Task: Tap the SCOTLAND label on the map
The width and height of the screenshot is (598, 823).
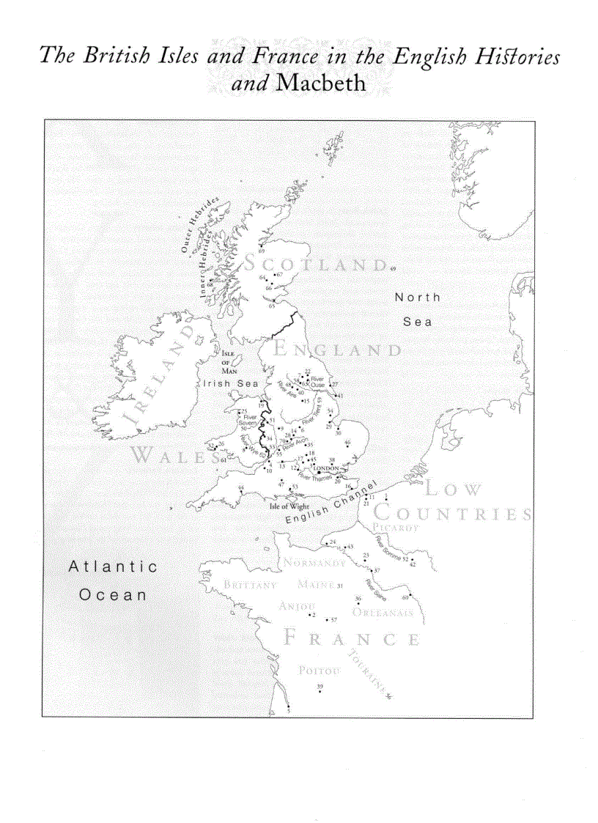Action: click(x=316, y=264)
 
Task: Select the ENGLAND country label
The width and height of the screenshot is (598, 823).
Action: click(x=338, y=350)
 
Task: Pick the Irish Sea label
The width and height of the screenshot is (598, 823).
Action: click(x=226, y=383)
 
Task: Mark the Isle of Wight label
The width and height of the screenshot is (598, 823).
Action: click(x=289, y=506)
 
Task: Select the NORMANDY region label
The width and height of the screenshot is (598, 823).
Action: click(x=314, y=564)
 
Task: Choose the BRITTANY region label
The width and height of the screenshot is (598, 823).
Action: click(x=250, y=586)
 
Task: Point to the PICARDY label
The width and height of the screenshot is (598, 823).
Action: click(x=396, y=528)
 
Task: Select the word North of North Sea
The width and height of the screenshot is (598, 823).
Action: click(x=418, y=297)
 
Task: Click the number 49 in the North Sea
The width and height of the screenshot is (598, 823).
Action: click(x=393, y=271)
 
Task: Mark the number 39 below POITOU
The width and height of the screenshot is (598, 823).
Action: click(x=320, y=686)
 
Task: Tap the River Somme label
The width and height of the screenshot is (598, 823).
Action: click(x=388, y=548)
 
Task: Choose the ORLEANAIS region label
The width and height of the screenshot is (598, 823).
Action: click(x=383, y=613)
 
